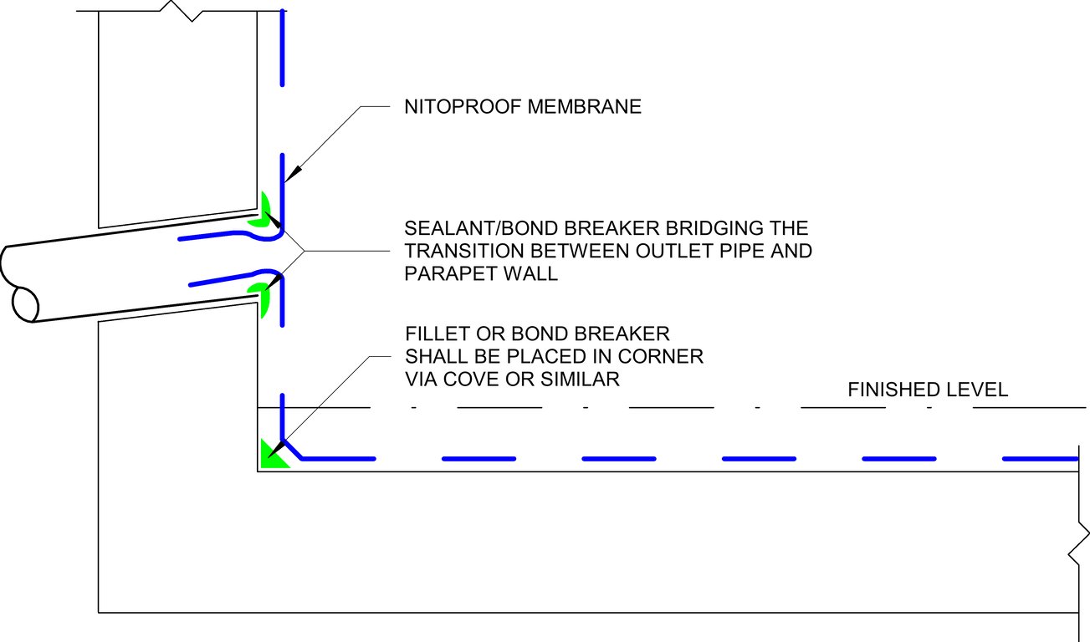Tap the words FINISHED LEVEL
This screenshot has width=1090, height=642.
click(928, 390)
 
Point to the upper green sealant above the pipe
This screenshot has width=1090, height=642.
click(264, 211)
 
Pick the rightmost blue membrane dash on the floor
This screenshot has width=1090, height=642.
click(1039, 458)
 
